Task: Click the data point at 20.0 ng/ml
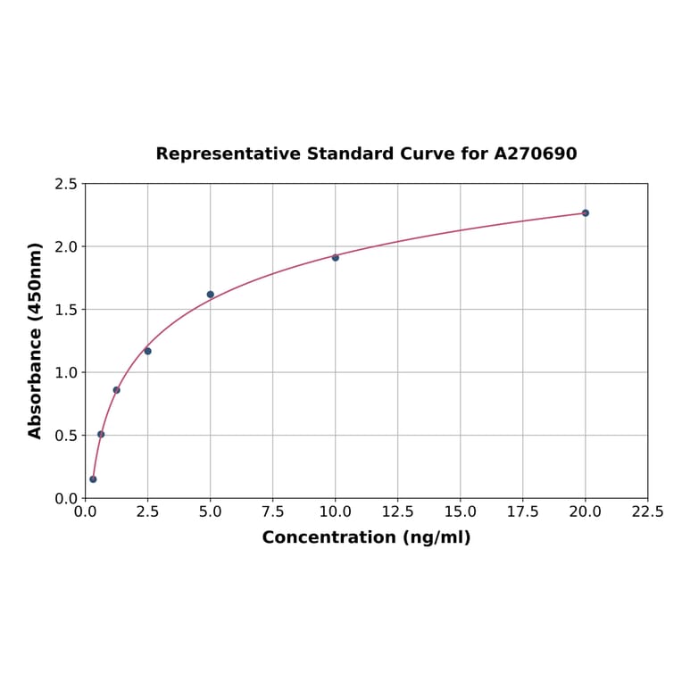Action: (586, 212)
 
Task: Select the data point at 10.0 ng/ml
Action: (336, 257)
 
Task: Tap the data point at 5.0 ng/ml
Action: (211, 295)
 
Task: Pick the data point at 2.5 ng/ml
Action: (147, 351)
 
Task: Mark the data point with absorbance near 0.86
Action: (116, 390)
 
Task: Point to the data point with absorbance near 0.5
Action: (101, 434)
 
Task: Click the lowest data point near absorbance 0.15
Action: (93, 479)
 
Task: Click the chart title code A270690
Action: (536, 154)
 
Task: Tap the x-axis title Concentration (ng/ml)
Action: (366, 537)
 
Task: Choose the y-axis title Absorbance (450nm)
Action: (36, 340)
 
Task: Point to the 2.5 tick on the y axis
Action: (66, 184)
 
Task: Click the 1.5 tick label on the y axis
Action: (66, 310)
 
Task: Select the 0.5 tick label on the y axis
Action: (66, 436)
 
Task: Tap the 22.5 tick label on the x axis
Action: (647, 512)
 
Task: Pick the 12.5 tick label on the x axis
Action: (397, 512)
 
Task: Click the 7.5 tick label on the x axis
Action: (272, 512)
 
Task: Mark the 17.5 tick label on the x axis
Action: (522, 512)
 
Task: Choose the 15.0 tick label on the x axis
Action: (460, 512)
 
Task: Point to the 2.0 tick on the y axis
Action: (66, 246)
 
